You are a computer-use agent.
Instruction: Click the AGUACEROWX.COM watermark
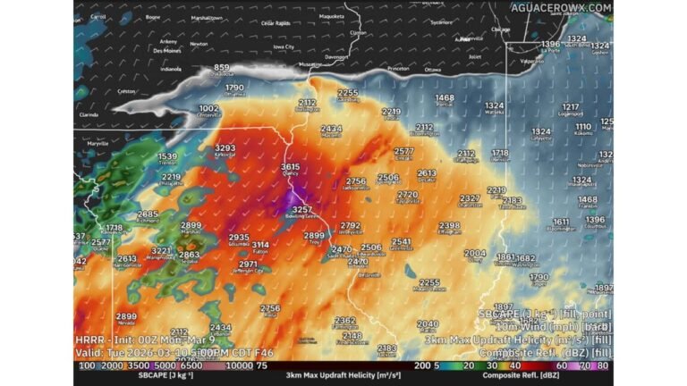click(x=561, y=7)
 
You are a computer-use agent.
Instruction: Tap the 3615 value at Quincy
click(x=291, y=167)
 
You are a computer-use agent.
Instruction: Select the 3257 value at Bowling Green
click(x=302, y=210)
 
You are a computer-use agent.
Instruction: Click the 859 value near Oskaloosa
click(x=222, y=68)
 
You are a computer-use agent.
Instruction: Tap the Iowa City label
click(x=284, y=46)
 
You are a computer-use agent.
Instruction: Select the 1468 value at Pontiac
click(x=445, y=98)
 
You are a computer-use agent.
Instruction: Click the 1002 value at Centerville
click(x=208, y=108)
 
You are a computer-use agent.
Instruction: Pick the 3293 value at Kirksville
click(x=225, y=148)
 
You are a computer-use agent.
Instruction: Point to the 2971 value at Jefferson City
click(x=249, y=264)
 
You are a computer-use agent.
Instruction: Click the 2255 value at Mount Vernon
click(x=429, y=283)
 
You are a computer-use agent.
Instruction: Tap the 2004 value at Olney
click(x=476, y=254)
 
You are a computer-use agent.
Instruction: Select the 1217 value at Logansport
click(x=571, y=107)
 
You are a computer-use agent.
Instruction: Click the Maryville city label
click(x=98, y=143)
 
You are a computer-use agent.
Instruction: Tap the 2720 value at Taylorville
click(x=408, y=195)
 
